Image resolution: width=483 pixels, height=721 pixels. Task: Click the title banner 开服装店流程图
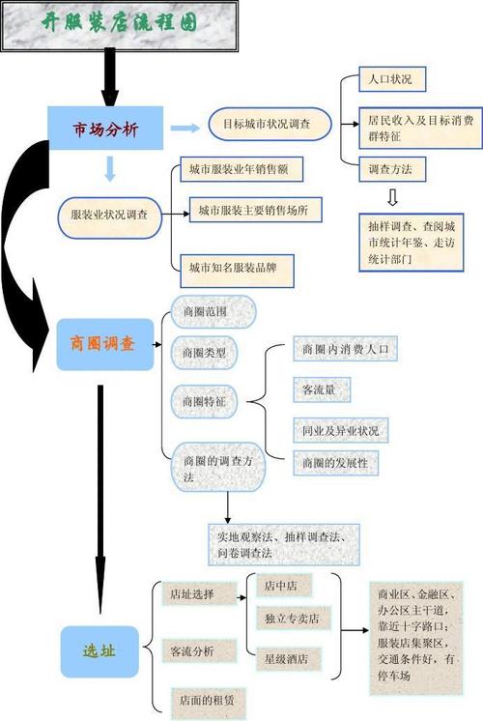(119, 25)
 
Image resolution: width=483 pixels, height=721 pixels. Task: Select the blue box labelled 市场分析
(105, 129)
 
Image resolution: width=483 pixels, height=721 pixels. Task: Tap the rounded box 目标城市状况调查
(270, 124)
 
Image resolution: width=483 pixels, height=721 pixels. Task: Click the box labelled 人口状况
(392, 79)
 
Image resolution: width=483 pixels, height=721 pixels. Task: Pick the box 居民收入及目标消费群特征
(420, 129)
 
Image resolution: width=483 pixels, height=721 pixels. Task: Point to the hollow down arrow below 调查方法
(392, 197)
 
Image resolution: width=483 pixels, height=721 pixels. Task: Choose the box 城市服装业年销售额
(241, 169)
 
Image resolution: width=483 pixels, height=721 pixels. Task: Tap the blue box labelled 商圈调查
(104, 344)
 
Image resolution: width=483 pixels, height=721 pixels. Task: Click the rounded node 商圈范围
(213, 311)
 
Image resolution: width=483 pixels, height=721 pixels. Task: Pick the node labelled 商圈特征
(204, 401)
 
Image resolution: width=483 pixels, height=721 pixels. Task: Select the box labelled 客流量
(322, 389)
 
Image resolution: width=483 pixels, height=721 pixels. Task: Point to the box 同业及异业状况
(341, 430)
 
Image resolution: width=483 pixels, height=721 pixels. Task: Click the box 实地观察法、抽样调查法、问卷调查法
(284, 544)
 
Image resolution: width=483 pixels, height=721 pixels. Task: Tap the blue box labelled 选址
(99, 651)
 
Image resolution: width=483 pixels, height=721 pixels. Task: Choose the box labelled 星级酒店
(289, 659)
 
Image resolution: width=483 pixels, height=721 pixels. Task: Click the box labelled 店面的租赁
(209, 703)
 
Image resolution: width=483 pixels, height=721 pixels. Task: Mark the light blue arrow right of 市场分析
(185, 128)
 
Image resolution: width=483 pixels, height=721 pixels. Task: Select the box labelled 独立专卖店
(294, 618)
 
